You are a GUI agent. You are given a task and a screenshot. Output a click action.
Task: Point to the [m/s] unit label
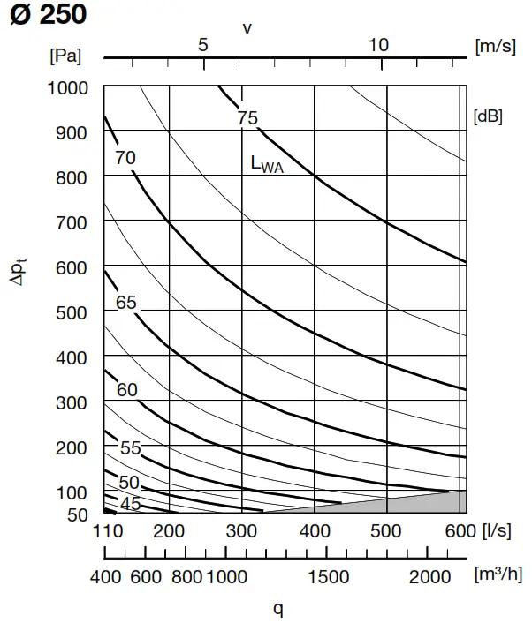tap(495, 46)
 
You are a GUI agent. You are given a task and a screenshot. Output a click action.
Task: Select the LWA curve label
tap(267, 163)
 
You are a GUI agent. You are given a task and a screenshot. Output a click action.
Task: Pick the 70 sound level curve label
tap(125, 158)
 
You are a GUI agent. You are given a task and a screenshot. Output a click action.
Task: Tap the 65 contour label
tap(126, 303)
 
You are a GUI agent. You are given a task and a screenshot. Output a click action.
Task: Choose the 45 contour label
tap(131, 504)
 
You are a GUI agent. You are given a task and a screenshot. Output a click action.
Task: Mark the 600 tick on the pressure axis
tap(74, 266)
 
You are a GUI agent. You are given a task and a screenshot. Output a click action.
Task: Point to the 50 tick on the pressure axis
tap(78, 514)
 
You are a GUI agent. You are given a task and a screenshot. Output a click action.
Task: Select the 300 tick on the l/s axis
tap(241, 532)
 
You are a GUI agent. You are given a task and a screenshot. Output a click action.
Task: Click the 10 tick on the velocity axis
tap(378, 45)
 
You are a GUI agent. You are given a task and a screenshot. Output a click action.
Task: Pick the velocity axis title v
tap(247, 27)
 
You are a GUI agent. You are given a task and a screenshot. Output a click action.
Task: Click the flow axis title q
tap(277, 608)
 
